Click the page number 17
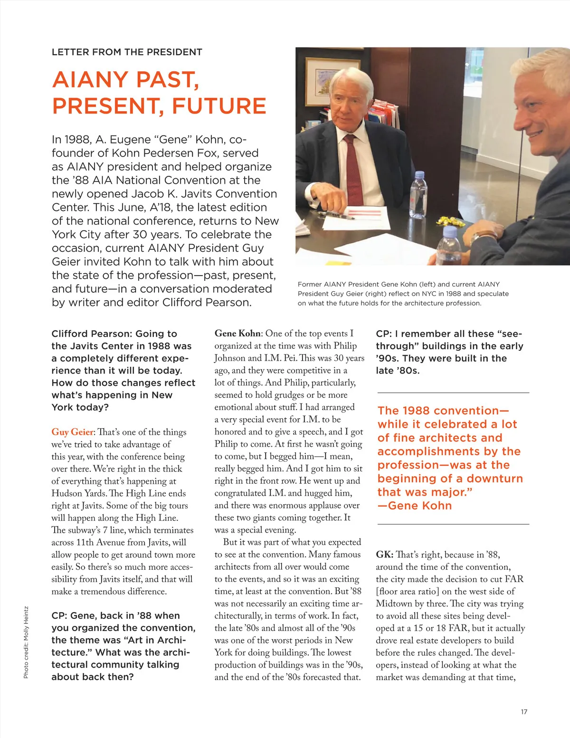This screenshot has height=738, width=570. [524, 711]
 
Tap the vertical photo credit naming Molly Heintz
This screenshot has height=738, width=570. [26, 642]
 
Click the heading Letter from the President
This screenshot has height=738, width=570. [127, 52]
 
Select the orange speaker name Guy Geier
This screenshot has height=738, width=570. [72, 432]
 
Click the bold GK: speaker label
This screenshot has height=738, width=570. [384, 555]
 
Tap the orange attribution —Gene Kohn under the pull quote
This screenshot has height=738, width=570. [414, 506]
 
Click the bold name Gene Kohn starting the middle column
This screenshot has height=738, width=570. [237, 334]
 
